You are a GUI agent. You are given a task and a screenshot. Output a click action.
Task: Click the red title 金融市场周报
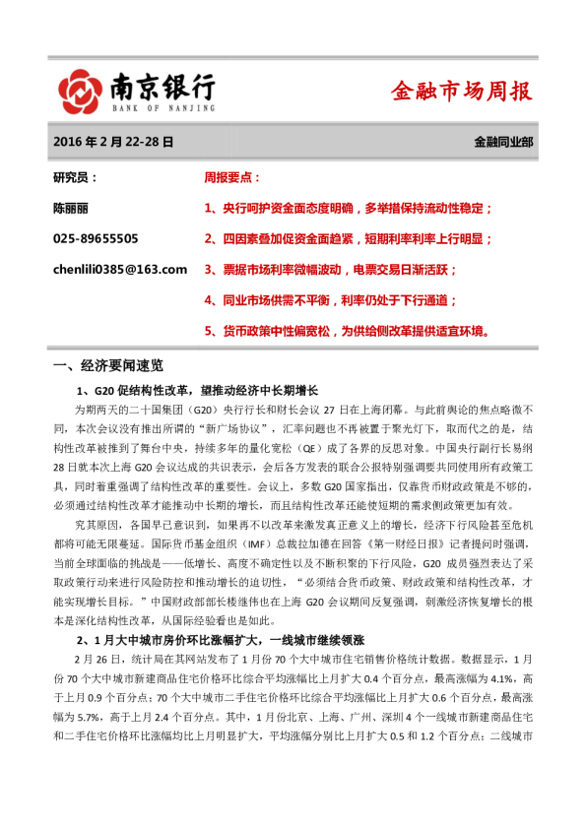461,92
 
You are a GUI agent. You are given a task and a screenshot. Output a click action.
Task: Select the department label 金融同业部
503,142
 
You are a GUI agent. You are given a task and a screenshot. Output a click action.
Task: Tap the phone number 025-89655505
96,238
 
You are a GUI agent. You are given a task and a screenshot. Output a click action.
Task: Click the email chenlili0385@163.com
119,269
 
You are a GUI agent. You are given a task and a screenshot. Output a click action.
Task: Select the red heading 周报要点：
232,177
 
